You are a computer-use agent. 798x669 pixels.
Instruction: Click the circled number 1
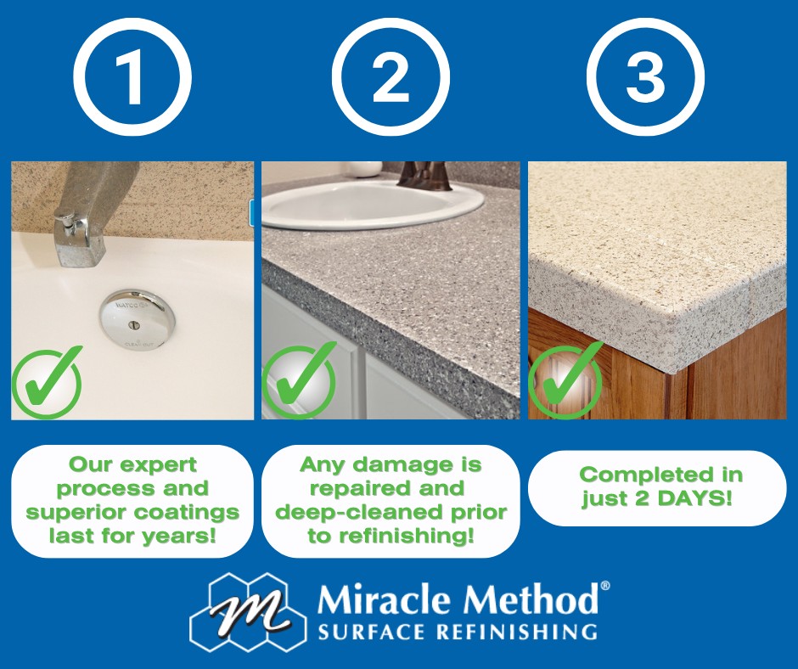(132, 77)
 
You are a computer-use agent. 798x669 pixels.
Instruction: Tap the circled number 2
(391, 77)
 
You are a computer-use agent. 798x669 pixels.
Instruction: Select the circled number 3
(645, 77)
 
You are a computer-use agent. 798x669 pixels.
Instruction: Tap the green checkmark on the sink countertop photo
(299, 380)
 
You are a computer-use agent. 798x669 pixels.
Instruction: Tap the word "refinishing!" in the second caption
(407, 536)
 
